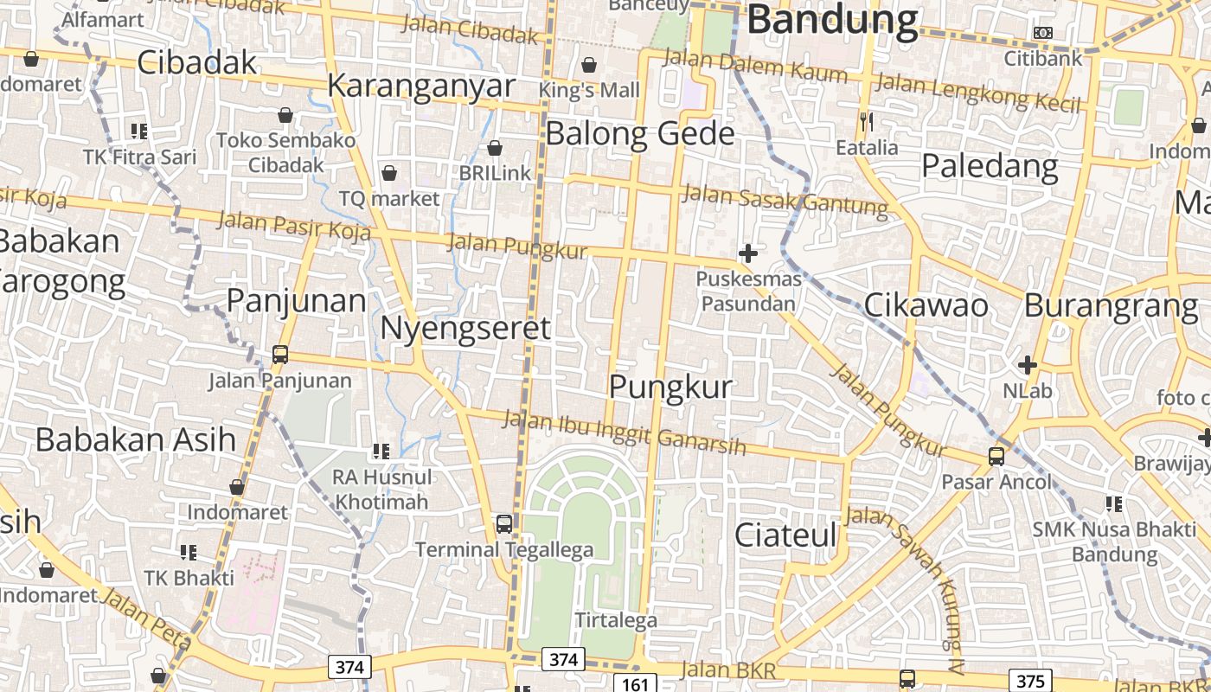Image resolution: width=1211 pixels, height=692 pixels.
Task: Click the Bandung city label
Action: (x=831, y=20)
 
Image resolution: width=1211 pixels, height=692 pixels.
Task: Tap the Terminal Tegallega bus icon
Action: (x=503, y=523)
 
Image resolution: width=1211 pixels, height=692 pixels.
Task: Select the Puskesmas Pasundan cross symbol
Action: (x=747, y=253)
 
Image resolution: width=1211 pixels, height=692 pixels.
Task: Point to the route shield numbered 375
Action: (x=1030, y=680)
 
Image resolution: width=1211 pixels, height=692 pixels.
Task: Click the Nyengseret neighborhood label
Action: (x=465, y=329)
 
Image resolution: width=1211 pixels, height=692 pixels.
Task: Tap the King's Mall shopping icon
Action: (x=589, y=65)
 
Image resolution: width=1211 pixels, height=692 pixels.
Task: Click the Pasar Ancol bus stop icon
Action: (x=996, y=456)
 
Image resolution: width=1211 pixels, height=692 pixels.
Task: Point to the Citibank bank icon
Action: (x=1043, y=33)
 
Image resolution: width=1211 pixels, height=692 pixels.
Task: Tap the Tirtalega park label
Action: (x=616, y=620)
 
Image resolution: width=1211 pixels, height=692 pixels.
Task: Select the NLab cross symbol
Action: (x=1028, y=364)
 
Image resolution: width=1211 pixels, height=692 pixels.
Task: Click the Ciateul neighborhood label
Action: (x=785, y=535)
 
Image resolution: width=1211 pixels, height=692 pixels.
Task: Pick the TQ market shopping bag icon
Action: (x=389, y=173)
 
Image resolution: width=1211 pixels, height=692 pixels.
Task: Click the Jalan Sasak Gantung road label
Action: (x=785, y=198)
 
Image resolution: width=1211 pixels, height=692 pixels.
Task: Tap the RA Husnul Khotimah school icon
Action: (x=381, y=451)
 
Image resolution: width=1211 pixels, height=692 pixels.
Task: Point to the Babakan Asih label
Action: (x=136, y=439)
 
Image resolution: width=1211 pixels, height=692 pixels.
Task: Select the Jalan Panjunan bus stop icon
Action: (x=280, y=354)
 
